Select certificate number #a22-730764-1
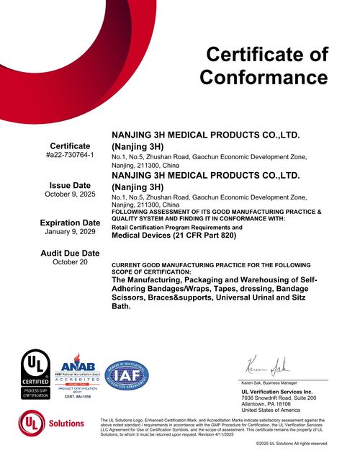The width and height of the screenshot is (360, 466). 70,155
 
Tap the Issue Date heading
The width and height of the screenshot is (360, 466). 70,185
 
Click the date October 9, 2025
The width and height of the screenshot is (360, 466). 70,194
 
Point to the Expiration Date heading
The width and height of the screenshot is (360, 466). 70,223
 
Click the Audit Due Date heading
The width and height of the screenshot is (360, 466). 70,253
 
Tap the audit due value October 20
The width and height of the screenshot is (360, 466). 70,262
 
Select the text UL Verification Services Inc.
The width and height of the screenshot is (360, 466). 277,391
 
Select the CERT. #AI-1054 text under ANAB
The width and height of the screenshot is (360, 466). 77,397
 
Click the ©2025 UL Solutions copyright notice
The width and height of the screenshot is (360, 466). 292,443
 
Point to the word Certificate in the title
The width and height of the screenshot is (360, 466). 267,54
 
